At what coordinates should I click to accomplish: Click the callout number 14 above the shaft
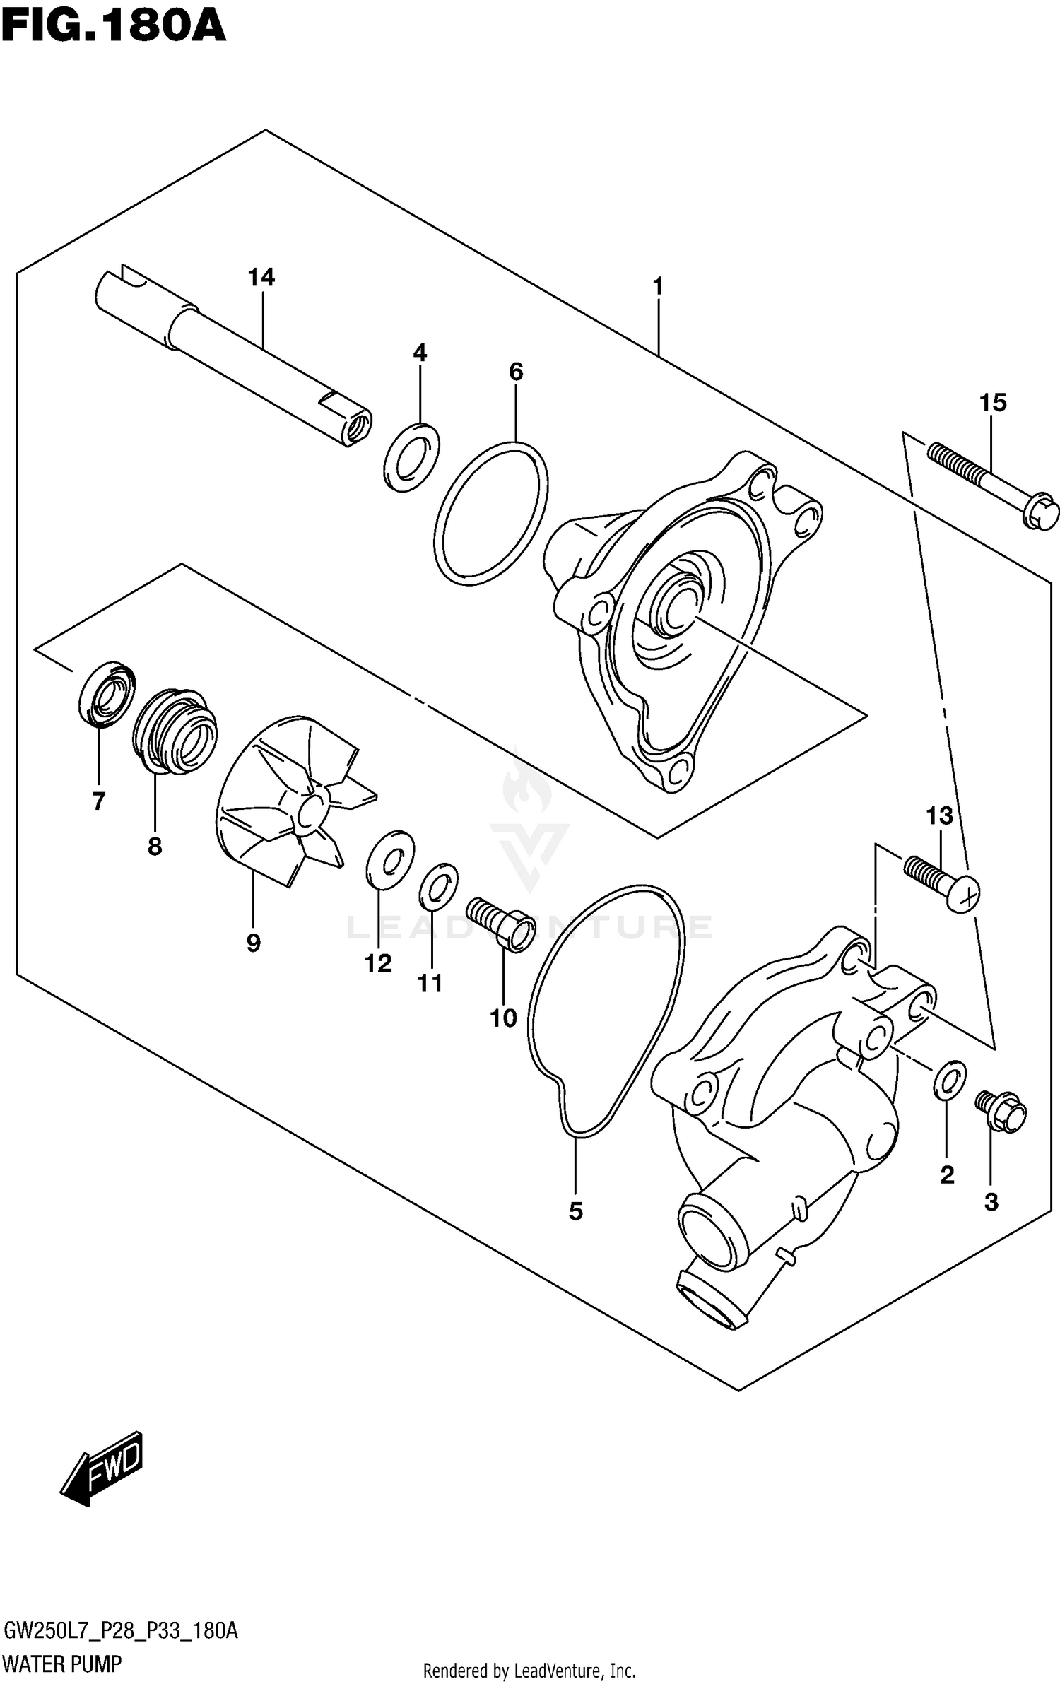click(x=261, y=278)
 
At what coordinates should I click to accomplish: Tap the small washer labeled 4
click(x=411, y=457)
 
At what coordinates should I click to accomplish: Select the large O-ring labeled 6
click(x=490, y=514)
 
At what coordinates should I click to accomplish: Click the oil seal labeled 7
click(x=107, y=694)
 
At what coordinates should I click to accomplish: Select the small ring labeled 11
click(x=438, y=887)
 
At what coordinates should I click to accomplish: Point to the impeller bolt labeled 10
click(x=502, y=923)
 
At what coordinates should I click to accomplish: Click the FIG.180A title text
click(x=113, y=27)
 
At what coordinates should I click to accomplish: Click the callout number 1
click(x=658, y=287)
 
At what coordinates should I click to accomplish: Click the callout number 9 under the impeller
click(x=253, y=943)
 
